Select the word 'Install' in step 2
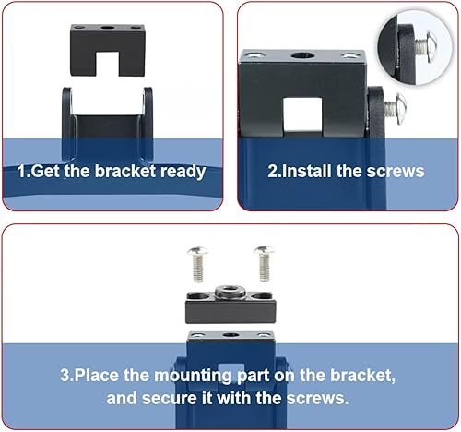pos(306,171)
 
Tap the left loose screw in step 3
pos(197,264)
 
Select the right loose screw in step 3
pos(265,263)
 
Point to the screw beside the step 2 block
pos(396,109)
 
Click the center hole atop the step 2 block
pos(302,56)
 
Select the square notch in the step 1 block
pos(107,64)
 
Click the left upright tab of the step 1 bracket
pos(67,123)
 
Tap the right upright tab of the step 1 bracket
pos(148,123)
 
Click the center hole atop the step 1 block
pos(107,28)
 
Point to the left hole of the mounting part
pos(198,296)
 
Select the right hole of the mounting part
pos(262,296)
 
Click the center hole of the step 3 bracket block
pos(229,335)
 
